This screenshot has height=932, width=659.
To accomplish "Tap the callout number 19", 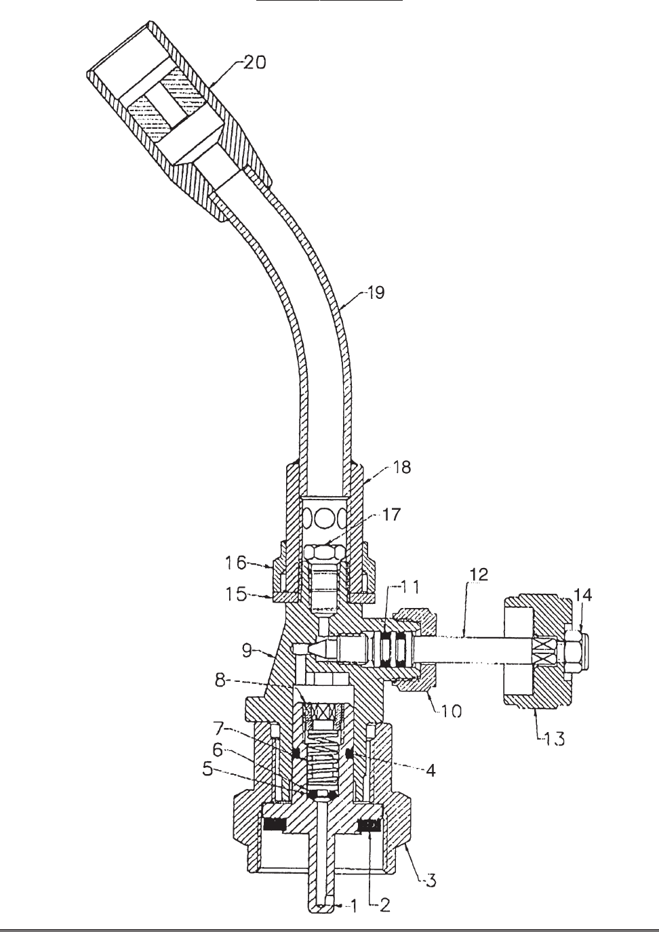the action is tap(376, 293).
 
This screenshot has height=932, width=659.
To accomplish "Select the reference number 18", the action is tap(401, 467).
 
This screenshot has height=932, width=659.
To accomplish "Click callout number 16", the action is tap(236, 563).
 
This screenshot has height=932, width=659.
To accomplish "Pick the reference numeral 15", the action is tap(236, 594).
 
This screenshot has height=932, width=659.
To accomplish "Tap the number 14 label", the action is tap(583, 595).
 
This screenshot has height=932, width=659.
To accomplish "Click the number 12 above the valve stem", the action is tap(478, 574).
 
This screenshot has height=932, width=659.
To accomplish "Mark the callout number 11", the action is tap(410, 588).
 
